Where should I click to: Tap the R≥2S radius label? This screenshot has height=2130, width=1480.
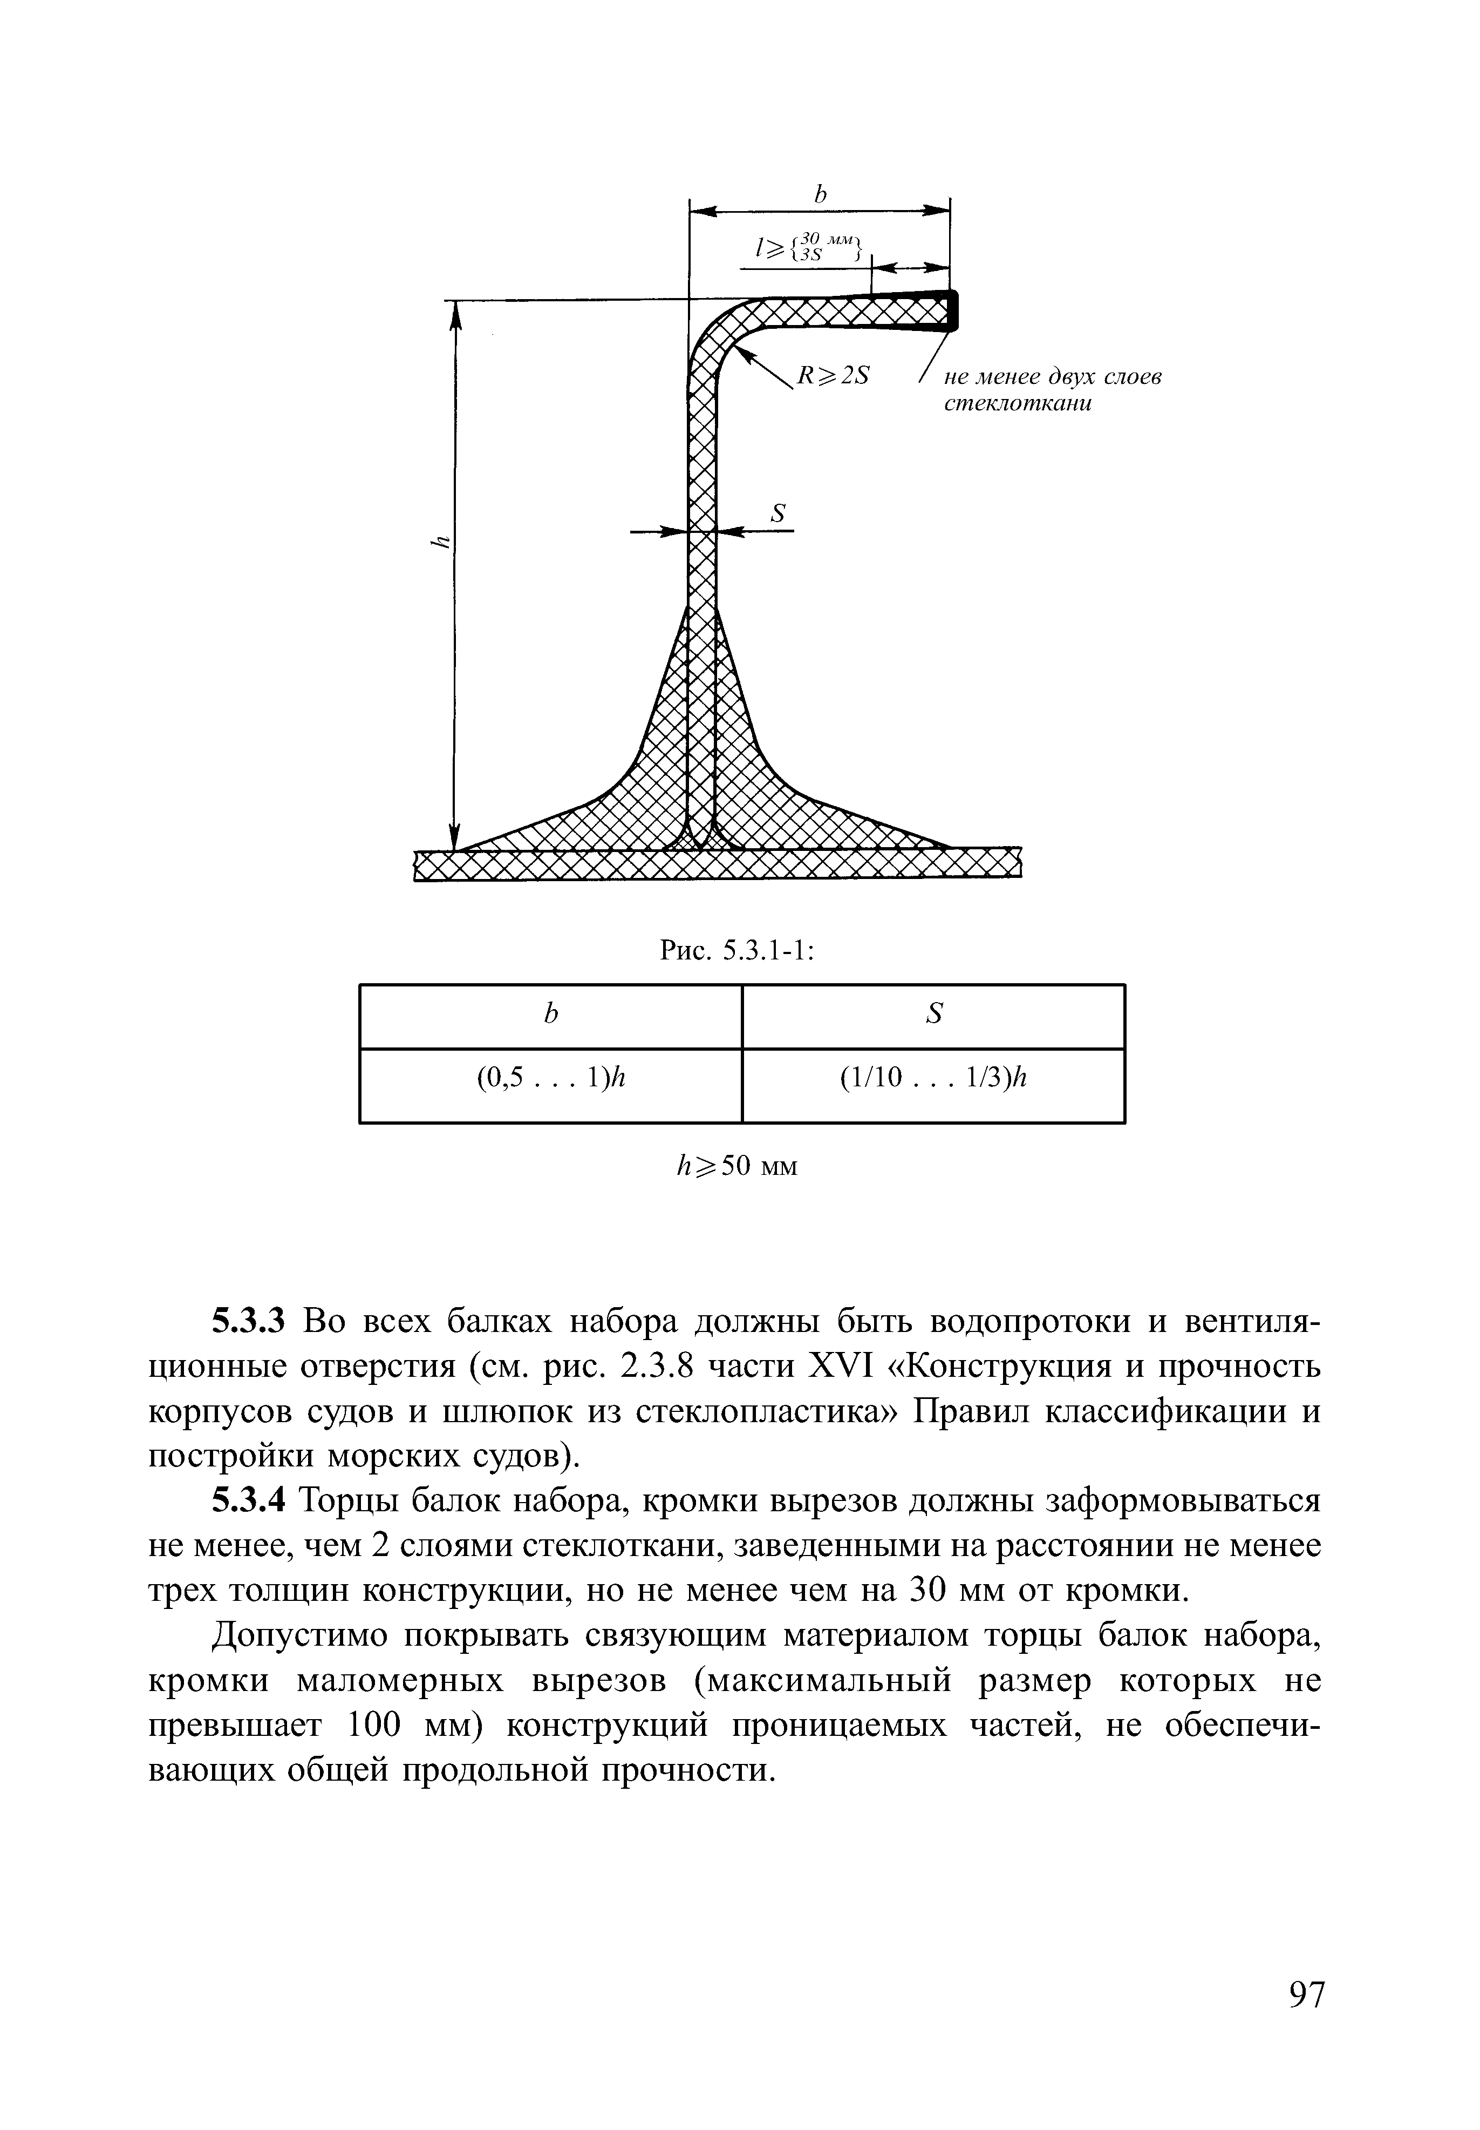(833, 376)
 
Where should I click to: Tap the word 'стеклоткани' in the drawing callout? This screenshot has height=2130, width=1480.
(1017, 404)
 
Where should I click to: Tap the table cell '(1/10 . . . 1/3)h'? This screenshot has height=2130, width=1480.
(934, 1078)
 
